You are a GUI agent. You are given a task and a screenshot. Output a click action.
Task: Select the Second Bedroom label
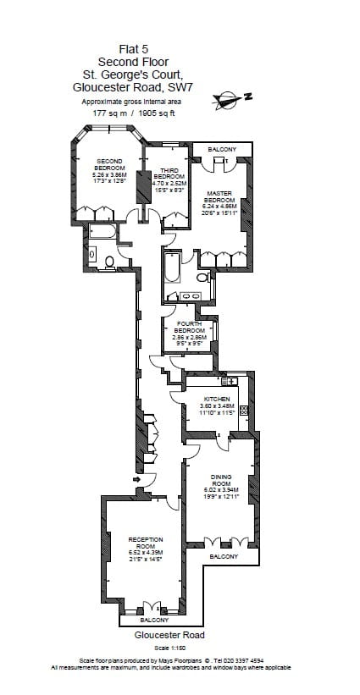pyautogui.click(x=110, y=170)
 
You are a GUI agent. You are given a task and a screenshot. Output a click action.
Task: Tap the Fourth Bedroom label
pyautogui.click(x=189, y=330)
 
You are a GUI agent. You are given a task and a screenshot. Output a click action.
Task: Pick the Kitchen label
pyautogui.click(x=216, y=405)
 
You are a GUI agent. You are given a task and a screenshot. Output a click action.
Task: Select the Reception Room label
pyautogui.click(x=145, y=545)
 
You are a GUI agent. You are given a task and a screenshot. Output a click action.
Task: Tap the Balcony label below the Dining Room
pyautogui.click(x=224, y=556)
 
